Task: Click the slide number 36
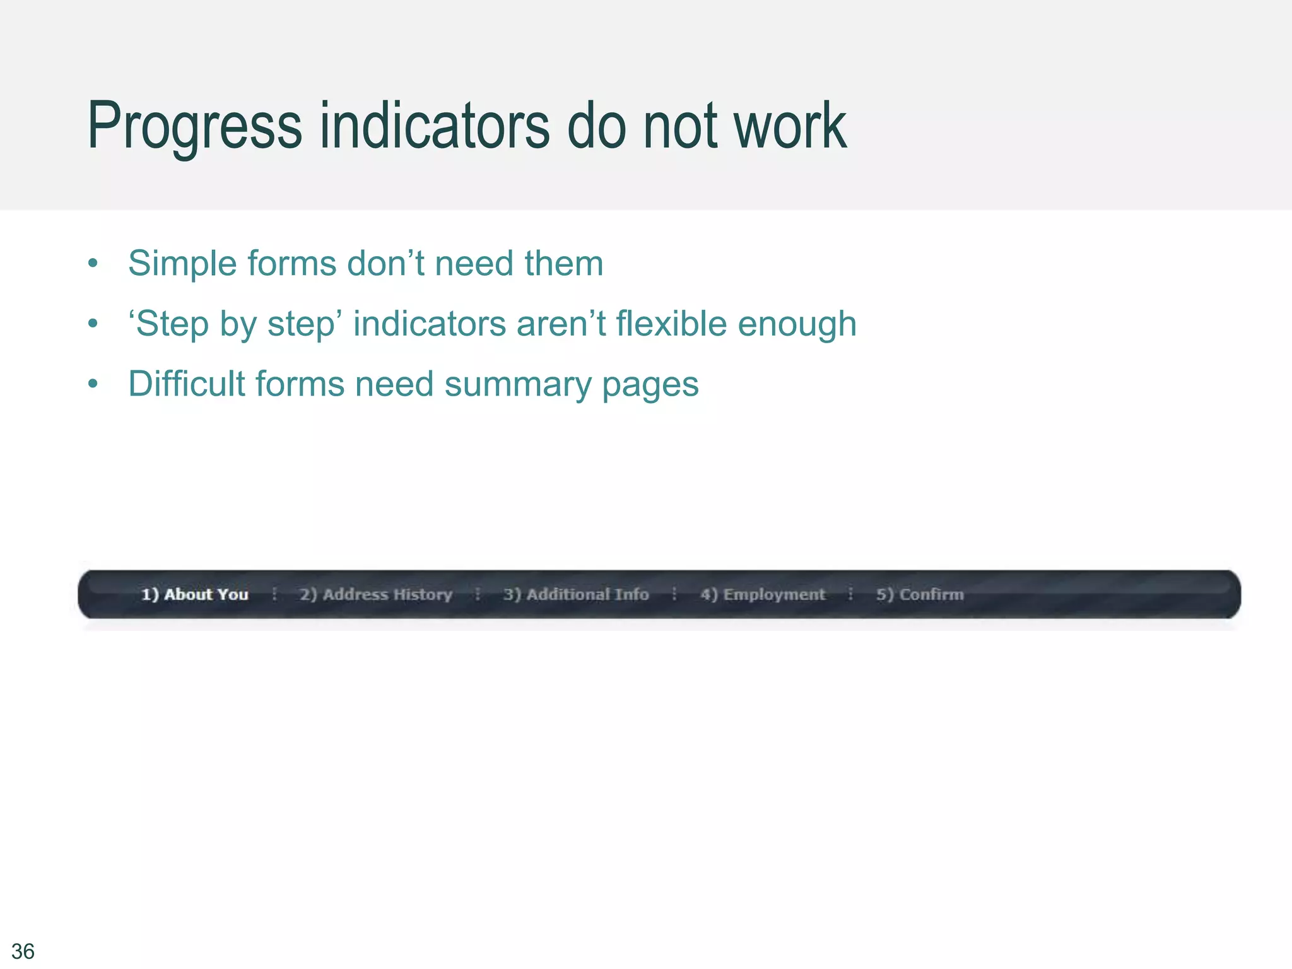pos(23,951)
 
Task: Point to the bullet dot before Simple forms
pos(93,264)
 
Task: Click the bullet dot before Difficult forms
pos(93,384)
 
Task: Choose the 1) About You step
pos(194,594)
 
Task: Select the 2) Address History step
pos(376,594)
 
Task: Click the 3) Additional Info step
pos(576,594)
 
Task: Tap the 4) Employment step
pos(763,594)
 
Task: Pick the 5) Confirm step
pos(920,594)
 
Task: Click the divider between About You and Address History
pos(274,594)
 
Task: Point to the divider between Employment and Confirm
pos(850,594)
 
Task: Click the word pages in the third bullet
pos(650,385)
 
